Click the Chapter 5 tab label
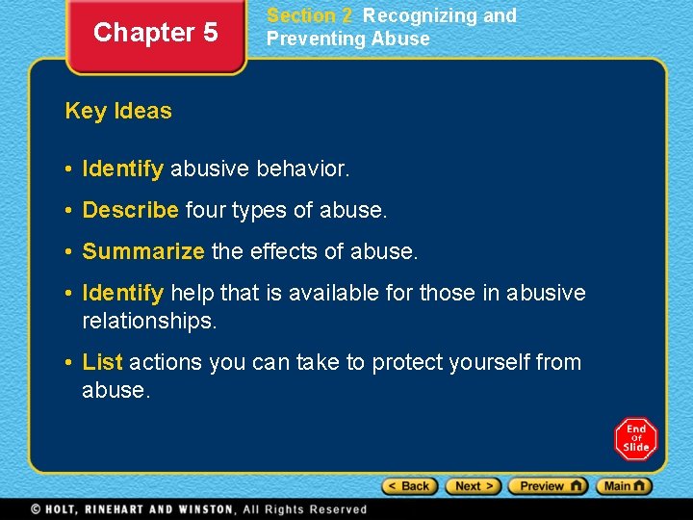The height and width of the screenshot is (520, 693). [155, 33]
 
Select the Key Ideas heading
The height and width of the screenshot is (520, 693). [118, 111]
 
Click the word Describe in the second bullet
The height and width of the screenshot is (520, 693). [131, 209]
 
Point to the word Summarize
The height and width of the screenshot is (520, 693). [143, 251]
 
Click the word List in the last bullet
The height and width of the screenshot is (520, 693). [103, 362]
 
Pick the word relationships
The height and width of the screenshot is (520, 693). [149, 320]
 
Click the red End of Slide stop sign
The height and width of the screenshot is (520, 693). [635, 439]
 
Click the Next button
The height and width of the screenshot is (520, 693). [474, 486]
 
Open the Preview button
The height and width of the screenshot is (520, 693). [548, 486]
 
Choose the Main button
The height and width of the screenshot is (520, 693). [624, 486]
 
